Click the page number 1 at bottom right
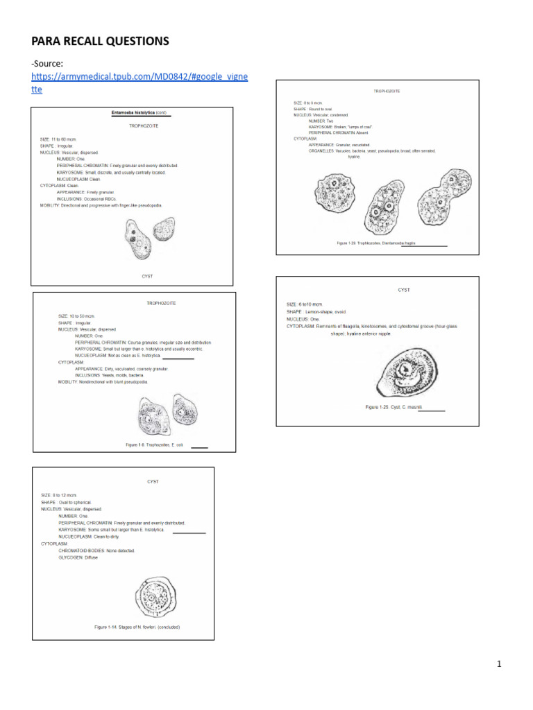coord(498,664)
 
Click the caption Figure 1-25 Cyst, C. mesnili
coord(394,407)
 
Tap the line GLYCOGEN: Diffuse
coord(78,557)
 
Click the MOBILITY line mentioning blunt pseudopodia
coord(103,381)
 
